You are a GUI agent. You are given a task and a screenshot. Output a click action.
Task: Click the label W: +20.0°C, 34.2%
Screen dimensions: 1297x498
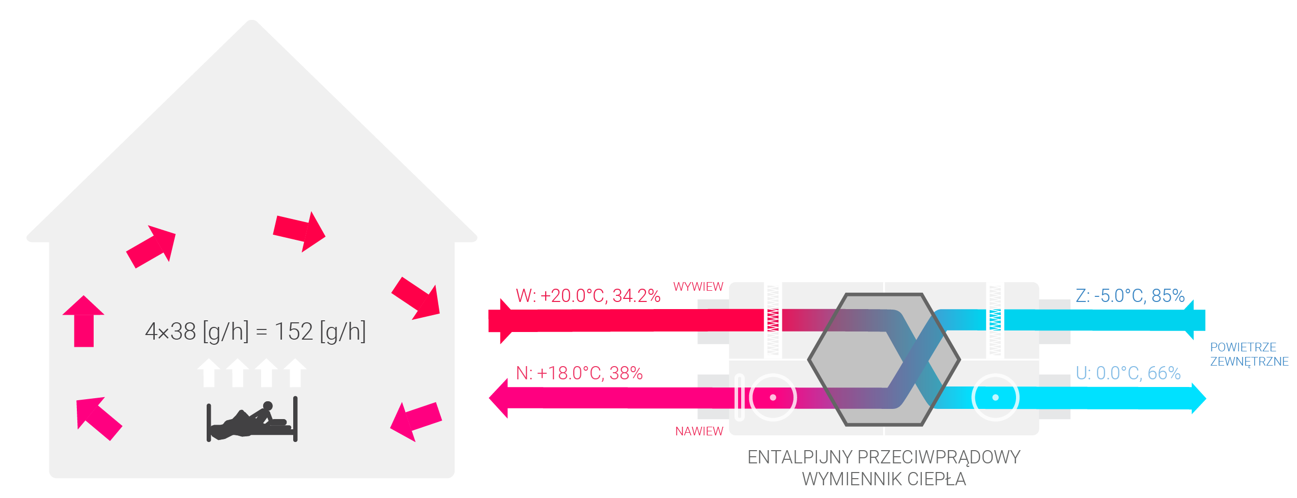588,296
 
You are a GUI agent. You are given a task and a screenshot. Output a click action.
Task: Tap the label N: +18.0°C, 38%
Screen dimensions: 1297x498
579,373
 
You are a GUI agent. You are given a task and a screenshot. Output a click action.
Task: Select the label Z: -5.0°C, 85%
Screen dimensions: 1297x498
1130,296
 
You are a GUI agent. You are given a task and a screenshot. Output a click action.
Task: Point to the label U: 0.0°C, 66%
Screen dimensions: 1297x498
1128,373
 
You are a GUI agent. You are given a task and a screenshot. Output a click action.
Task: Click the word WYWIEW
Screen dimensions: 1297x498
698,287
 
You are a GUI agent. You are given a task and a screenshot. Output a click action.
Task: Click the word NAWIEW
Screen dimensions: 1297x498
699,431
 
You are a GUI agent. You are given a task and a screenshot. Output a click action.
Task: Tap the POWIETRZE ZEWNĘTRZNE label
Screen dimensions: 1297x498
1249,354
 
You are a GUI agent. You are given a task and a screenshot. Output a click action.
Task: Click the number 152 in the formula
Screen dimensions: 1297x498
294,331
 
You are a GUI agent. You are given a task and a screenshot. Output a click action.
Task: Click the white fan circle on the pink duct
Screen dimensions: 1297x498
773,397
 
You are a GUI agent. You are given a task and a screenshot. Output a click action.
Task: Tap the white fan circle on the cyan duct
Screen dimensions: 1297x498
995,397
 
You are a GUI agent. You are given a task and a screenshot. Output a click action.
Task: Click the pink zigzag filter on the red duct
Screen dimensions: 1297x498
773,320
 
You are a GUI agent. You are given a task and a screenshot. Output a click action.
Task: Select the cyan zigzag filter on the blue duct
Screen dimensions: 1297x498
995,320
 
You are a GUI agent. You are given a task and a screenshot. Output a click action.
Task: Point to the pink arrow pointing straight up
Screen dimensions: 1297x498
83,321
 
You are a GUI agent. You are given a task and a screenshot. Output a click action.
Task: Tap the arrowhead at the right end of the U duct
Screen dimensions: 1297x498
1199,398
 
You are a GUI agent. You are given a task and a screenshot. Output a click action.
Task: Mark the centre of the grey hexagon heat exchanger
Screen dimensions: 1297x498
884,359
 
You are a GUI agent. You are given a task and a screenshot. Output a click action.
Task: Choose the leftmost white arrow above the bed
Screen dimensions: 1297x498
209,373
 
